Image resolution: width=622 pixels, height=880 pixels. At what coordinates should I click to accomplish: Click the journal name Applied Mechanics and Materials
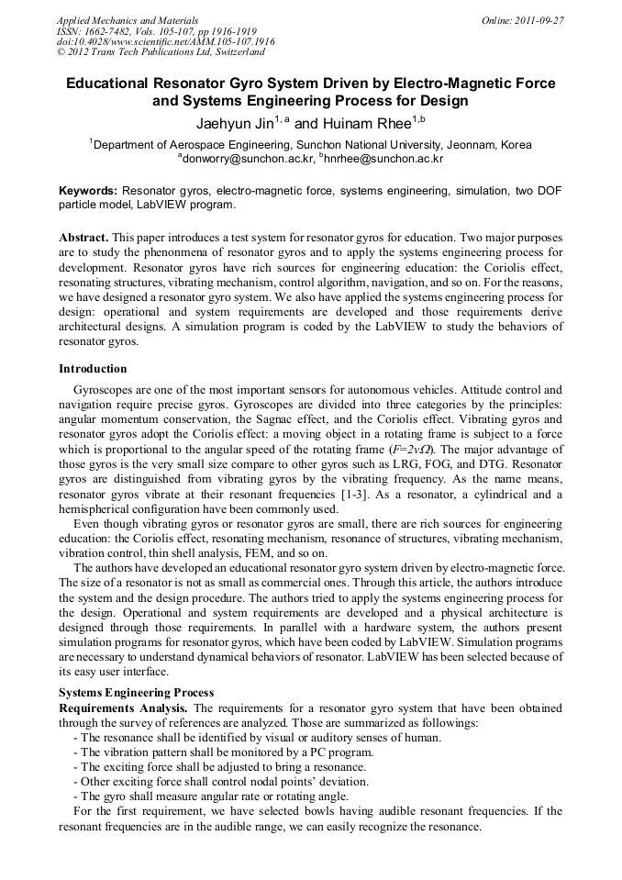tap(128, 19)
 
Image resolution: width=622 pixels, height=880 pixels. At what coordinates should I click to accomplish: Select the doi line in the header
tap(165, 41)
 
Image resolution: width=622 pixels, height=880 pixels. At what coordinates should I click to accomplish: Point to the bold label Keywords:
tap(88, 191)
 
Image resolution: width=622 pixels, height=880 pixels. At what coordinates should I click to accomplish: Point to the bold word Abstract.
tap(83, 238)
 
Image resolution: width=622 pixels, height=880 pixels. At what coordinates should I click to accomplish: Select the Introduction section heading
tap(93, 369)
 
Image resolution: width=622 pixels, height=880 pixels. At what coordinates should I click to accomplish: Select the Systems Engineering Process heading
tap(136, 693)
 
